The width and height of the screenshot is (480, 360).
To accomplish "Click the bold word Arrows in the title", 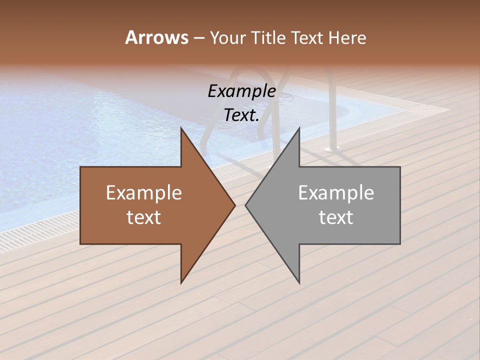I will click(156, 37).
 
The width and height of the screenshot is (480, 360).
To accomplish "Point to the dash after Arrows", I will click(198, 38).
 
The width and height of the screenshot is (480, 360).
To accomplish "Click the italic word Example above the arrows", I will click(242, 91).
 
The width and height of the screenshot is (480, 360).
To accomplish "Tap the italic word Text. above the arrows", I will click(242, 115).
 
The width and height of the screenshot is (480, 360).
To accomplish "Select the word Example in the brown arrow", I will click(144, 193).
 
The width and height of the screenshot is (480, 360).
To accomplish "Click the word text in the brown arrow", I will click(144, 217).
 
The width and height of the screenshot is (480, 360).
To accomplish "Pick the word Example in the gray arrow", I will click(336, 193).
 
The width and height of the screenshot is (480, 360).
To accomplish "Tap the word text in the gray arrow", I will click(336, 217).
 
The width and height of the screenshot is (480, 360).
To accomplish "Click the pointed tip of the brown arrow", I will click(235, 205).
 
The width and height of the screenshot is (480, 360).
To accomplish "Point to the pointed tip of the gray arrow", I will click(245, 205).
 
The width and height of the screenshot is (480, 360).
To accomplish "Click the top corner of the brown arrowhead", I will click(181, 128).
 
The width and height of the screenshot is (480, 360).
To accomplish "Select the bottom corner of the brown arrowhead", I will click(181, 282).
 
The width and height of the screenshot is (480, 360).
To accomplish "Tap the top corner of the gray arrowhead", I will click(299, 128).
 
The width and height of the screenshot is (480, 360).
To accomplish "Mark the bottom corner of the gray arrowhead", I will click(299, 282).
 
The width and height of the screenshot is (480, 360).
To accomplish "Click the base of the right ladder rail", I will click(331, 148).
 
